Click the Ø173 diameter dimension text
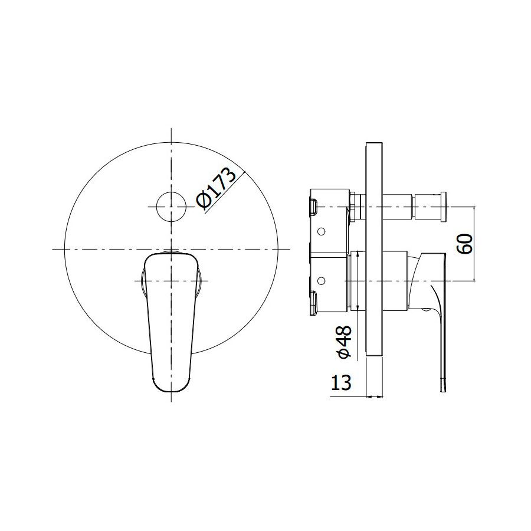(216, 188)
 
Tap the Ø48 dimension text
(344, 342)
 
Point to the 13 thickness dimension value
(341, 383)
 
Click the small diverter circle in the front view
(171, 206)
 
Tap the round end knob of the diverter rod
(444, 206)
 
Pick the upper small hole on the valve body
(322, 232)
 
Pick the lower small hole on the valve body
(322, 281)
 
